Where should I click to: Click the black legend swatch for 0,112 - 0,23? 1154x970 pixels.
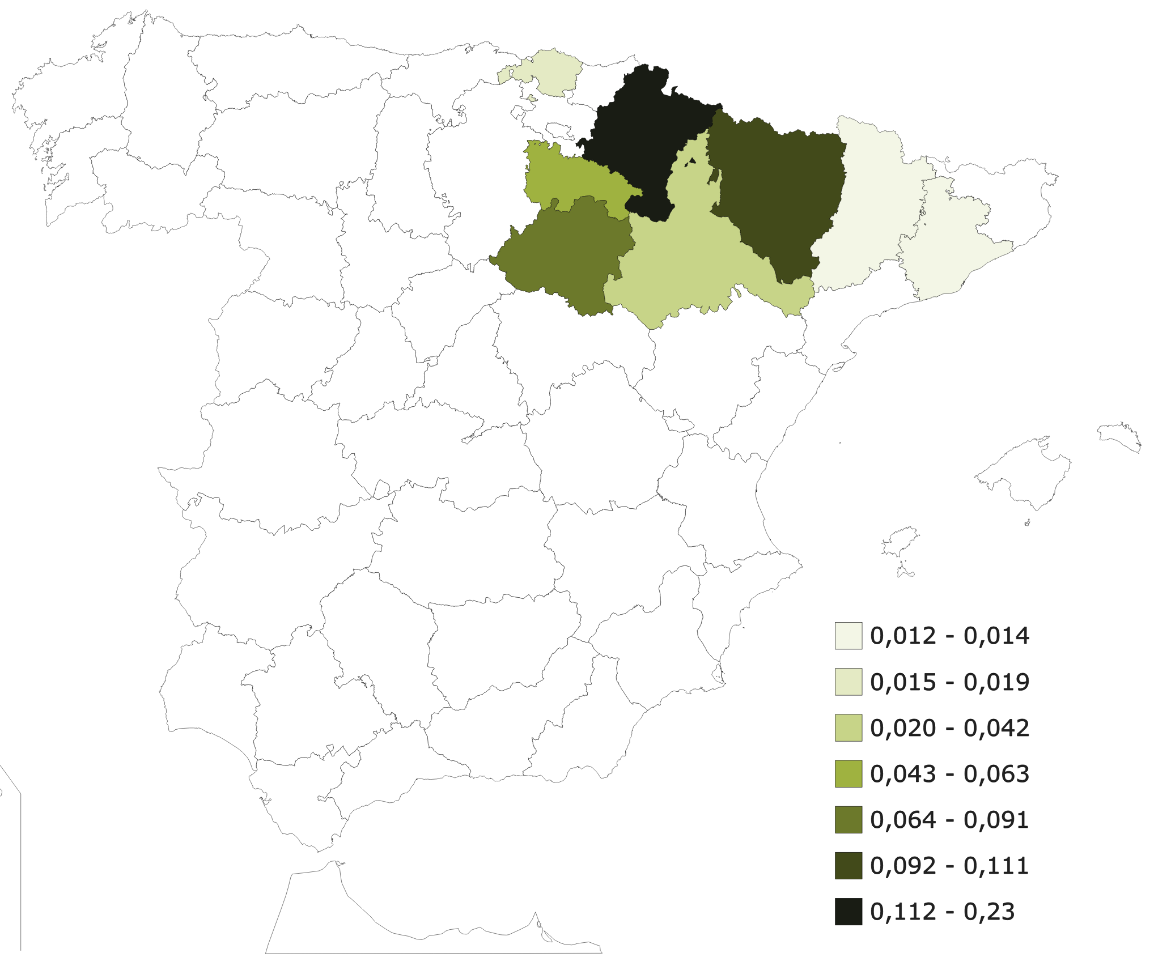click(x=848, y=912)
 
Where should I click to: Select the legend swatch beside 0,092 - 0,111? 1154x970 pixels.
click(x=848, y=866)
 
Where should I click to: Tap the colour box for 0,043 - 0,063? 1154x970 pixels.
click(x=848, y=774)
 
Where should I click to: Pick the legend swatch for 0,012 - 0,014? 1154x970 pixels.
click(x=848, y=636)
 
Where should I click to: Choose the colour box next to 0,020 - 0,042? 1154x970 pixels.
click(x=848, y=728)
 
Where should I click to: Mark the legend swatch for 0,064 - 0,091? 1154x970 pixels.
click(x=848, y=820)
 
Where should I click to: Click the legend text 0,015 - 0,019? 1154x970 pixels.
click(x=949, y=682)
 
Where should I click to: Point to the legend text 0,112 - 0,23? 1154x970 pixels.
click(x=942, y=912)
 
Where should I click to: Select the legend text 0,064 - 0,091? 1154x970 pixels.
click(x=949, y=820)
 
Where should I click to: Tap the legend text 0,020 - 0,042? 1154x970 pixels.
click(x=949, y=728)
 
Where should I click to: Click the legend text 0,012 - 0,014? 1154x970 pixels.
click(x=949, y=636)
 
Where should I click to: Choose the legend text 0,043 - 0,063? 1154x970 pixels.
click(x=949, y=774)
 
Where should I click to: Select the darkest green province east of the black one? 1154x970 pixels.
click(x=777, y=193)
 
